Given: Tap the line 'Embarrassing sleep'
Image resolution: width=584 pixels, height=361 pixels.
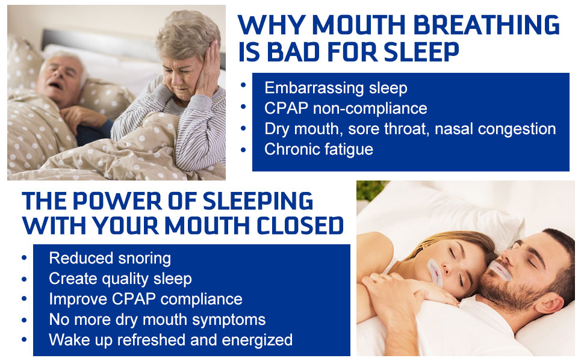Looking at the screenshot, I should [x=336, y=88].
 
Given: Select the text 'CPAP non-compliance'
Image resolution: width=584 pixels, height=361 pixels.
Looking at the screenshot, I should [x=346, y=108].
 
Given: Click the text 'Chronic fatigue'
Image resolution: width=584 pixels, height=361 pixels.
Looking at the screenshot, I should [x=319, y=149].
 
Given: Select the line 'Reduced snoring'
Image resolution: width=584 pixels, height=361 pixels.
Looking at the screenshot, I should [x=110, y=258].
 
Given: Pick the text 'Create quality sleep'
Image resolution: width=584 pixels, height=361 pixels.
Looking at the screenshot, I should [x=120, y=279].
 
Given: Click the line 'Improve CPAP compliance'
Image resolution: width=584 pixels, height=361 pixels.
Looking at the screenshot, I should [x=145, y=299].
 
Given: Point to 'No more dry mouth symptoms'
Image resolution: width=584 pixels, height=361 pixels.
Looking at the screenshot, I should [x=157, y=319].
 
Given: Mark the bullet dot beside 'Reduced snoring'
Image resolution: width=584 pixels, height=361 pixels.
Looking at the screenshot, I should [x=25, y=257].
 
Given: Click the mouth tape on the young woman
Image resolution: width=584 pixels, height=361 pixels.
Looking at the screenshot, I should [x=436, y=273].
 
